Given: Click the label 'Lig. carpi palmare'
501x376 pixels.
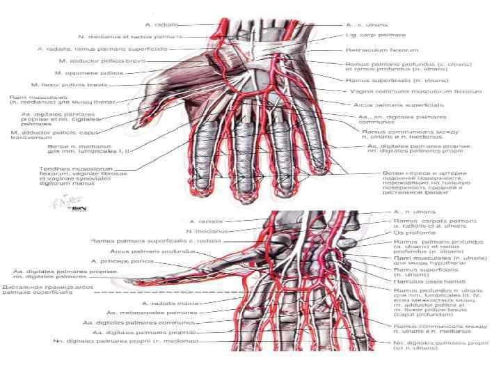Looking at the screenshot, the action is [x=376, y=34].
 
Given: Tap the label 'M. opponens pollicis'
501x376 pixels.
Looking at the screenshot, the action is [x=90, y=72].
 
